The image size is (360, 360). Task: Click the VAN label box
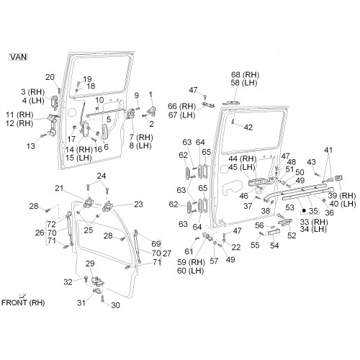coord(18,57)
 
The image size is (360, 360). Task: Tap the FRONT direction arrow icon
coord(23,296)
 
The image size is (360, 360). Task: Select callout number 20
coord(50,77)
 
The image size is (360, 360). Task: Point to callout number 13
coord(30,146)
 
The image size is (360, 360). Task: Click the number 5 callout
coord(109,120)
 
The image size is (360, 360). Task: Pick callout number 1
coord(150,95)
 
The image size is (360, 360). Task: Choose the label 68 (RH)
coord(246,75)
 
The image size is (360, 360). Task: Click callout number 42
coord(248,127)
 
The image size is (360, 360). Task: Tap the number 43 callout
coord(311,162)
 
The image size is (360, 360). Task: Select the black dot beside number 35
coord(304,211)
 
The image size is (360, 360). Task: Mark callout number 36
coord(329,212)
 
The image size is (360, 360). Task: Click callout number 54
coord(274,246)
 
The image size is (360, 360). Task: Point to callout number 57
coord(214,261)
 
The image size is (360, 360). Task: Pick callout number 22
coord(236,247)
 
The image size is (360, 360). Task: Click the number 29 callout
coord(90,264)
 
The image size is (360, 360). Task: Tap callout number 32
coord(68,282)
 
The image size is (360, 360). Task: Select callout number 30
coord(115,305)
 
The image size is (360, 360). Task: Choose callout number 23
coord(138,204)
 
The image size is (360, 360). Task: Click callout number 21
coord(59,188)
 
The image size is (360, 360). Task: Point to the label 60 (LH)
coord(191,271)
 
